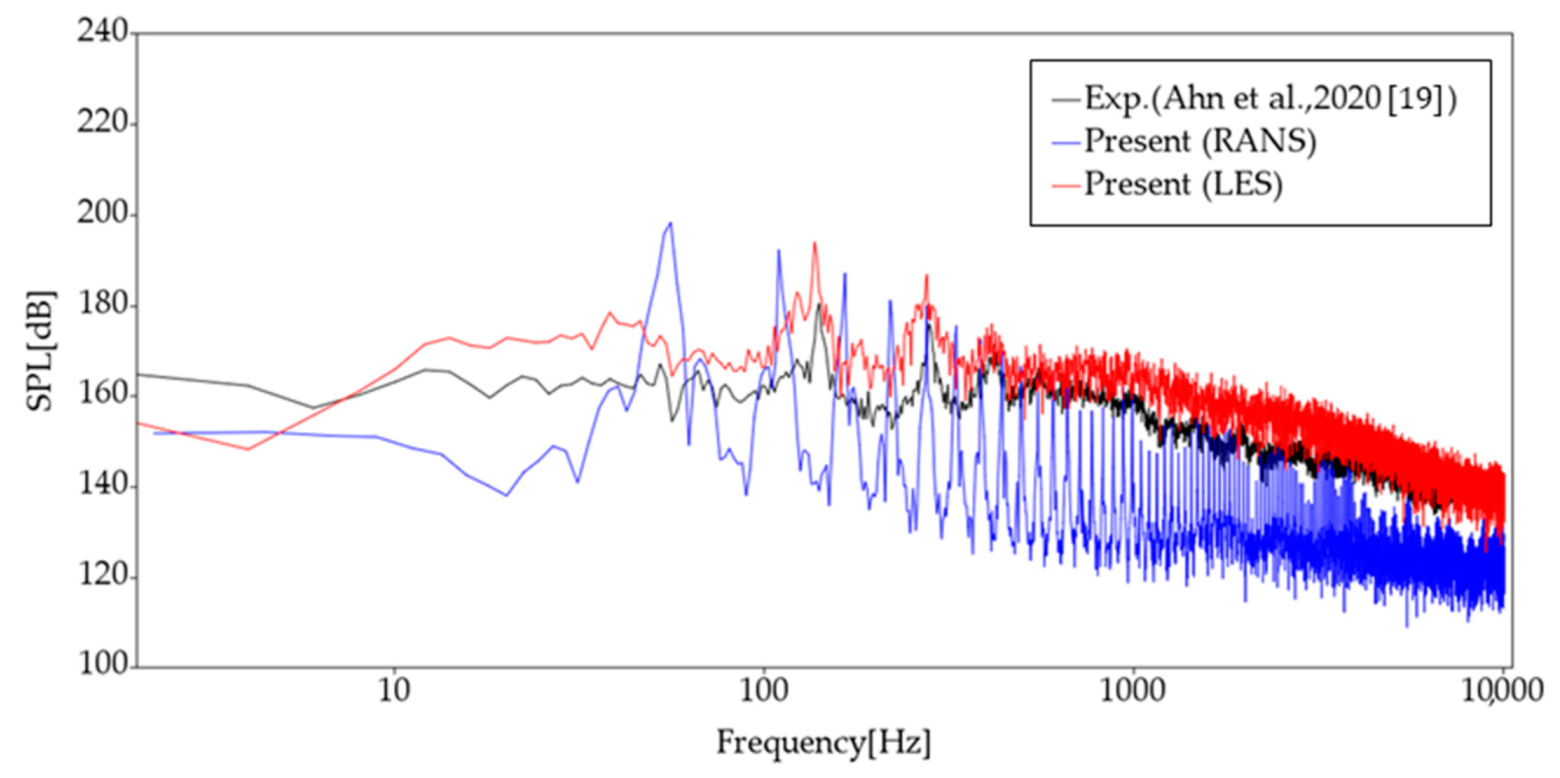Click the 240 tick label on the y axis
[x=102, y=31]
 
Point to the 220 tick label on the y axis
[x=102, y=123]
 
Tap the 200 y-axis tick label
[x=102, y=214]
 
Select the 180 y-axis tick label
[x=102, y=305]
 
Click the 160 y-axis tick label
[x=102, y=395]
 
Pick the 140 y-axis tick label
[x=102, y=485]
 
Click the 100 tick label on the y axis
[x=102, y=664]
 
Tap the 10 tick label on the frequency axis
[x=394, y=691]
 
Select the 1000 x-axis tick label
[x=1132, y=691]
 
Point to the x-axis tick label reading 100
[x=763, y=691]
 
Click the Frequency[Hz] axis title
[x=823, y=743]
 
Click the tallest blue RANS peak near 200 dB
[x=670, y=223]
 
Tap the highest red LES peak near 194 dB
[x=814, y=243]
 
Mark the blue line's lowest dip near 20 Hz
[x=506, y=495]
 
